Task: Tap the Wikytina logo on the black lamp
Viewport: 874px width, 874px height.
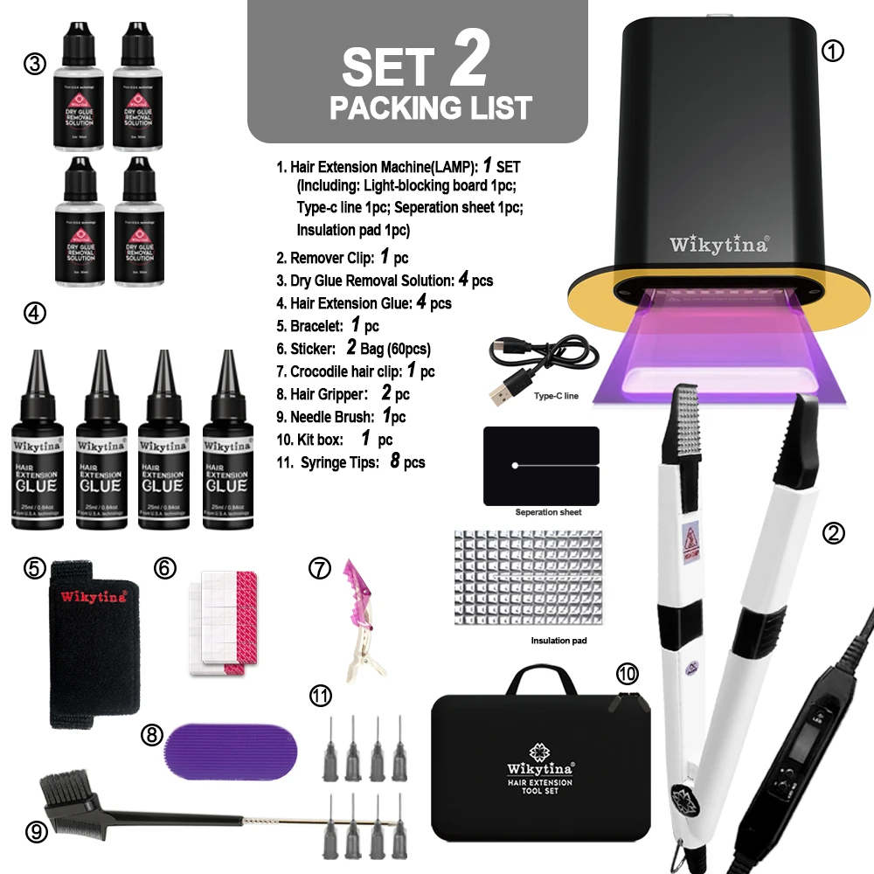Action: (x=719, y=244)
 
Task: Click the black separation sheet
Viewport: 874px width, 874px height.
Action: (x=541, y=466)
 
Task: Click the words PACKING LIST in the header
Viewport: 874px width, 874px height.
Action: (x=430, y=108)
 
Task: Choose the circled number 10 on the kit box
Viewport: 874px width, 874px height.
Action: (x=627, y=673)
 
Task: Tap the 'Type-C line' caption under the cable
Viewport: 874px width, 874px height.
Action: (x=556, y=396)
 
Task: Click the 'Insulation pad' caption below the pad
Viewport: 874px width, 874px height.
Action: (x=558, y=641)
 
